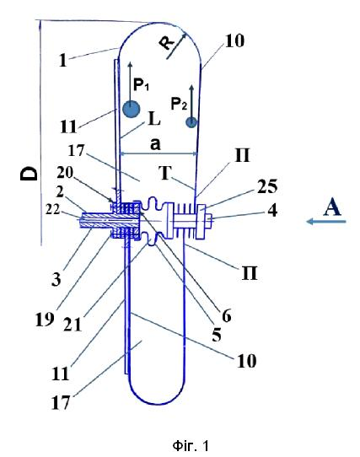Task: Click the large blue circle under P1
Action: tap(131, 110)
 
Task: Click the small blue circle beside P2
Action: tap(191, 122)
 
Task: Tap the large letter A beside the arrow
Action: tap(332, 207)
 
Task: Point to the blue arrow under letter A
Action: tap(326, 222)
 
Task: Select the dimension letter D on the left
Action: tap(30, 174)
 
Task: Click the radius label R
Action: tap(166, 43)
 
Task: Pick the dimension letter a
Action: tap(155, 143)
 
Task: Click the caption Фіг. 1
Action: tap(191, 446)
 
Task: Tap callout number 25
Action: tap(267, 186)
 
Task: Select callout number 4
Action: tap(272, 211)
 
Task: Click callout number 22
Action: tap(52, 209)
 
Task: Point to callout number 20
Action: tap(65, 173)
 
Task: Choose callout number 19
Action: tap(45, 320)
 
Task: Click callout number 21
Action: tap(73, 324)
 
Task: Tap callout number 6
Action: tap(227, 315)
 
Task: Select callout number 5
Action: tap(217, 335)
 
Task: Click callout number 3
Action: tap(56, 279)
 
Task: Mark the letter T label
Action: tap(165, 173)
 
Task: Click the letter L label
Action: tap(154, 119)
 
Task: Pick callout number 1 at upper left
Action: tap(63, 61)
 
